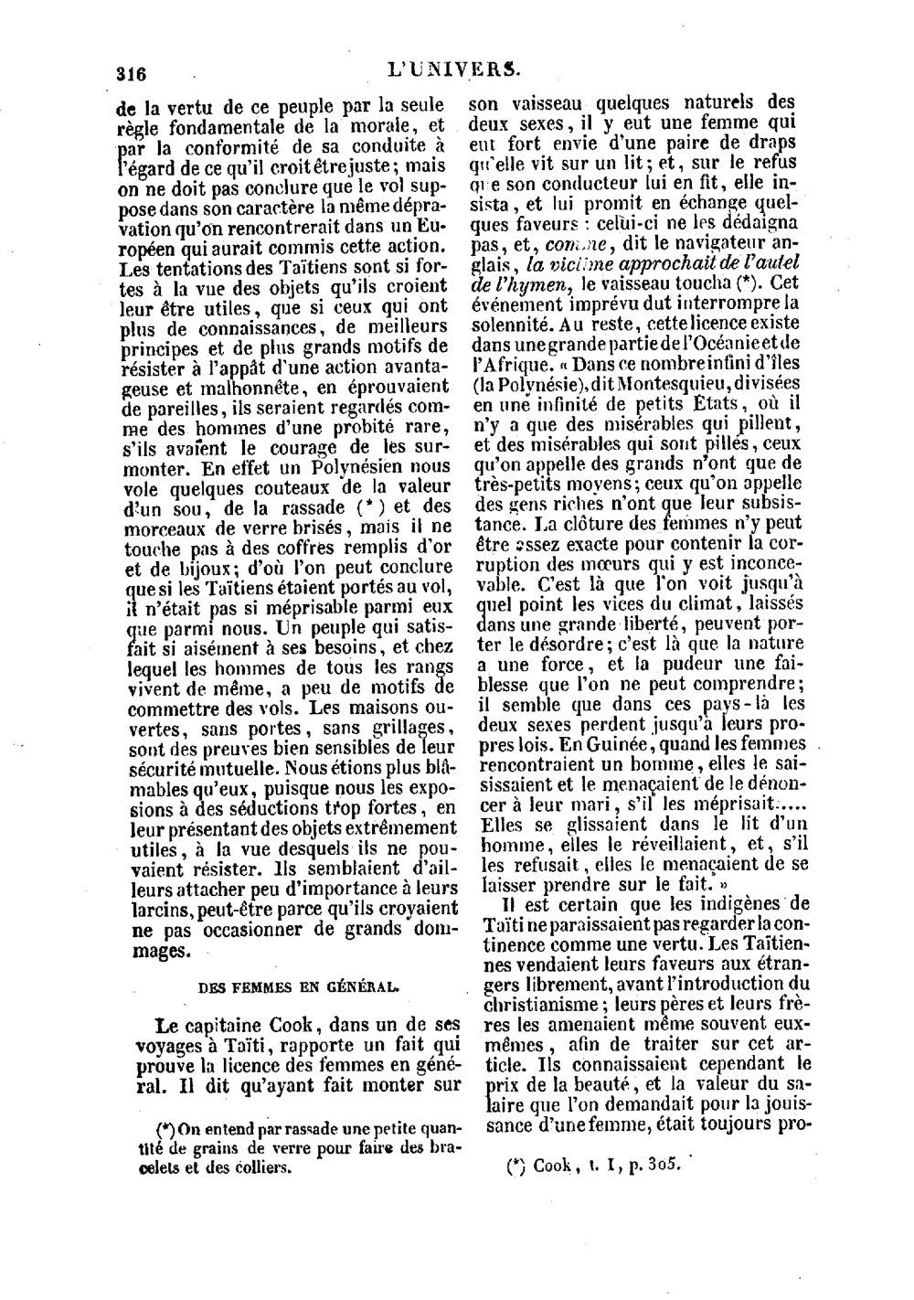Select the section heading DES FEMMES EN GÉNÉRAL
click(299, 987)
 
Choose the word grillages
click(400, 728)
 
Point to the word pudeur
click(694, 664)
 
